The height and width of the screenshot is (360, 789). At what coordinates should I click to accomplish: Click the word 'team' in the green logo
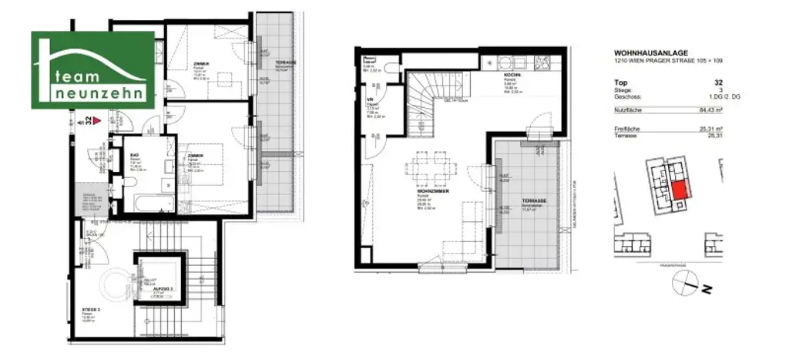[x=78, y=75]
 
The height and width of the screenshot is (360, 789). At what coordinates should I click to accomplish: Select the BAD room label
[x=134, y=153]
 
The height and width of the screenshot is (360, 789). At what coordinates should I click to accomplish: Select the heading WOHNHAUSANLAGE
[x=646, y=53]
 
